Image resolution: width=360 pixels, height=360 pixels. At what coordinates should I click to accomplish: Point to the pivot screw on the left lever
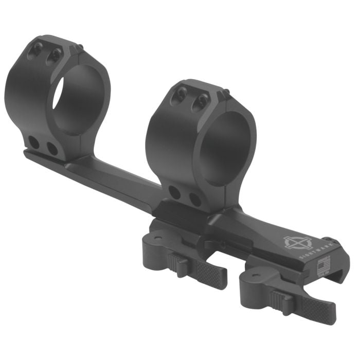(155, 238)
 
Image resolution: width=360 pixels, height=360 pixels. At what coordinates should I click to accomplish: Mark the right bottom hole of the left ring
(52, 149)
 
